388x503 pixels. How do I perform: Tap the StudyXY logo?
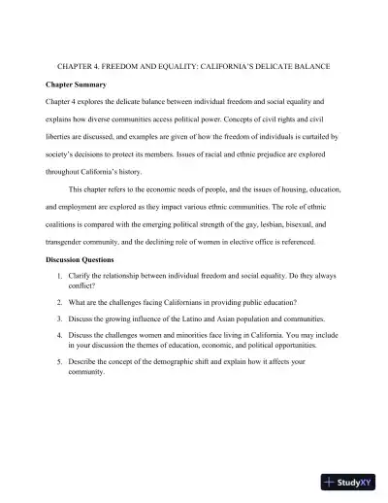(x=347, y=481)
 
